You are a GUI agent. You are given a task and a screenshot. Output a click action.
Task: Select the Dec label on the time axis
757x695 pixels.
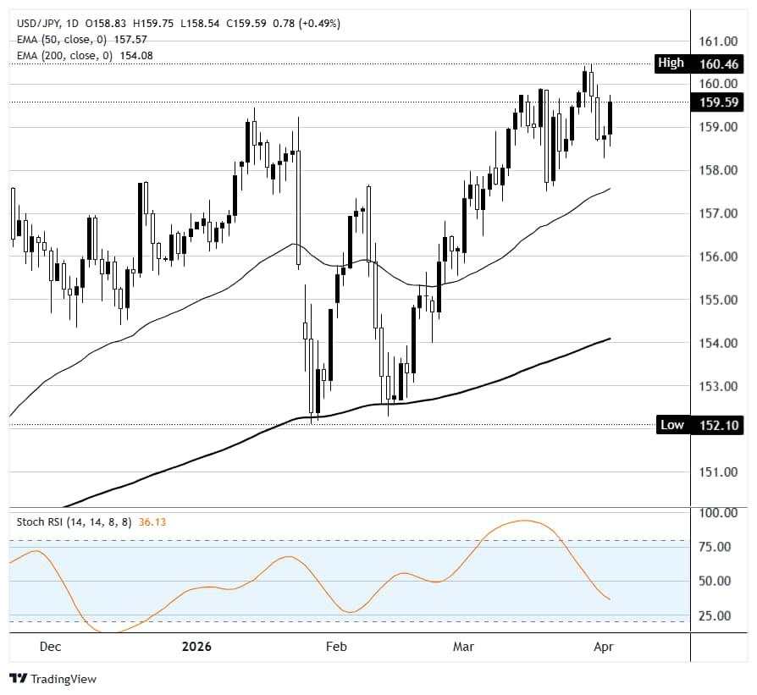pyautogui.click(x=50, y=647)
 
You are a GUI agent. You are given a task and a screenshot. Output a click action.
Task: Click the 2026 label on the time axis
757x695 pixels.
pyautogui.click(x=196, y=647)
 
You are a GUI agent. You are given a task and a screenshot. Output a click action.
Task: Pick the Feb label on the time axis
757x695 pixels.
pyautogui.click(x=336, y=647)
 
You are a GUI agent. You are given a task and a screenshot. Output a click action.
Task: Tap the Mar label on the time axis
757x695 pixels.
pyautogui.click(x=463, y=647)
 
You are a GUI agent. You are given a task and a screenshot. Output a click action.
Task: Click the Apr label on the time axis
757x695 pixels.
pyautogui.click(x=603, y=647)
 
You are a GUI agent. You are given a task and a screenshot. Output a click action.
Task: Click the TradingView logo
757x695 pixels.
pyautogui.click(x=52, y=679)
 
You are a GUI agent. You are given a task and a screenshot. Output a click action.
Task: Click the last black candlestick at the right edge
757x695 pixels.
pyautogui.click(x=610, y=117)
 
